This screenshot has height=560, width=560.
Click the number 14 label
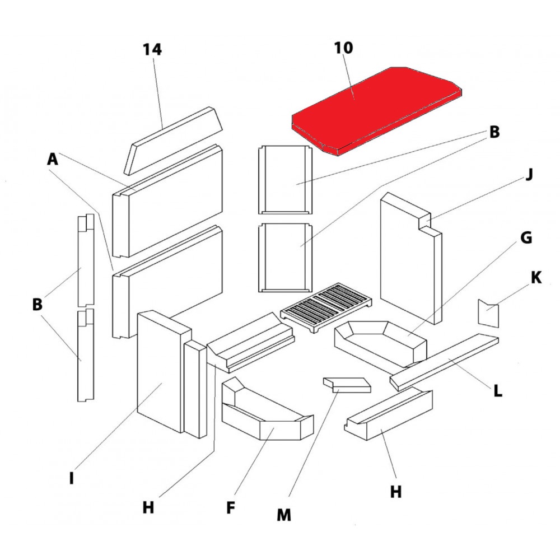(x=152, y=49)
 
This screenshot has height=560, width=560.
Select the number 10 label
(x=344, y=48)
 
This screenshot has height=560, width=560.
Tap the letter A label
(x=52, y=160)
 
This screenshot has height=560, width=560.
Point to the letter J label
(x=529, y=175)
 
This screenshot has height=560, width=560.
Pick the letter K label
(x=536, y=277)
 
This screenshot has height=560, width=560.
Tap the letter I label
(x=71, y=479)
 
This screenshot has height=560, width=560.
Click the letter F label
(x=230, y=508)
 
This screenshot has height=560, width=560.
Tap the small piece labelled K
(x=487, y=314)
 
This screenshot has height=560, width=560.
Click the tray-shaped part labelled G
(x=381, y=342)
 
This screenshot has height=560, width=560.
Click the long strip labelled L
(x=445, y=361)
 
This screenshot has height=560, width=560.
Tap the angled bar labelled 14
(x=174, y=140)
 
